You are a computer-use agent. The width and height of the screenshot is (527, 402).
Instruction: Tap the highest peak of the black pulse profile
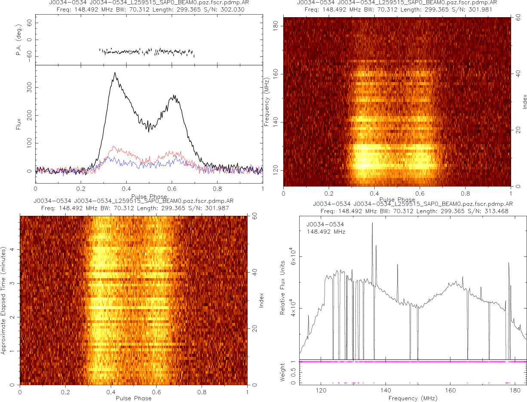click(x=115, y=73)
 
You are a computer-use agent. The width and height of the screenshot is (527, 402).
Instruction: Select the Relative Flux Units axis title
click(x=283, y=287)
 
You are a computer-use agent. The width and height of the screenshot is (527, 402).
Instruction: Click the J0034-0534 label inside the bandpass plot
click(x=325, y=224)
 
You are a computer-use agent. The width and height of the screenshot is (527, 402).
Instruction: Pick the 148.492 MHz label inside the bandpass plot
click(x=326, y=232)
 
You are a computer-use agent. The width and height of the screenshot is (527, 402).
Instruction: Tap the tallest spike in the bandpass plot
click(x=372, y=223)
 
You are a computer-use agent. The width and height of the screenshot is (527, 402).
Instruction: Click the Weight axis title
click(x=283, y=372)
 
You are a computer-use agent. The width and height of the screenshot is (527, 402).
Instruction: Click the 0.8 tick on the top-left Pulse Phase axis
click(x=217, y=188)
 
